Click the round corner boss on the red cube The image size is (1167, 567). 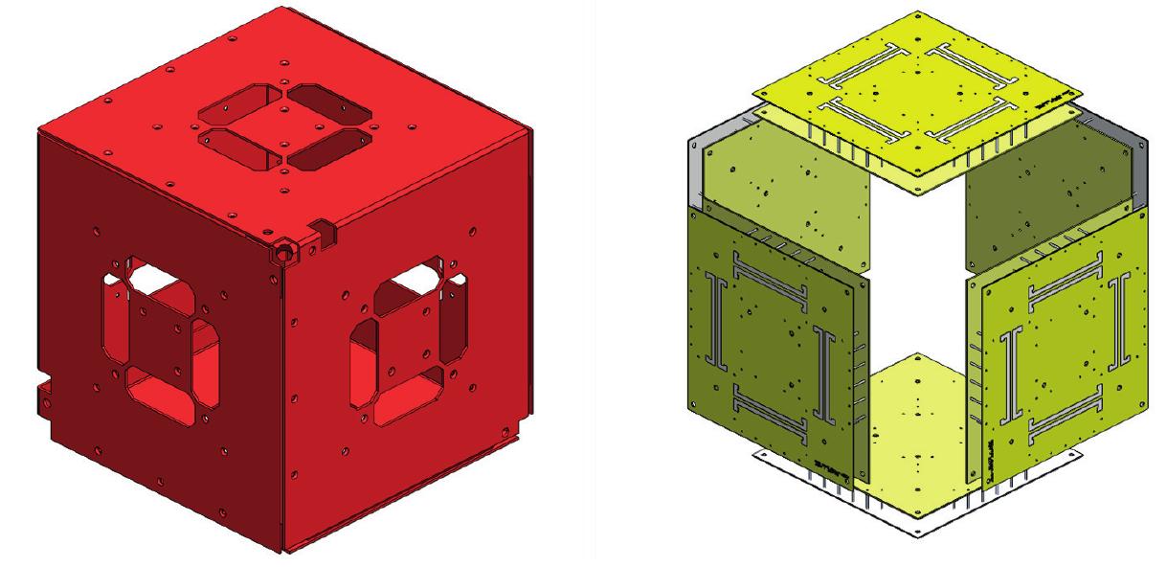click(x=285, y=251)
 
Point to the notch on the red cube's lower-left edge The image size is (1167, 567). click(x=42, y=392)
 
